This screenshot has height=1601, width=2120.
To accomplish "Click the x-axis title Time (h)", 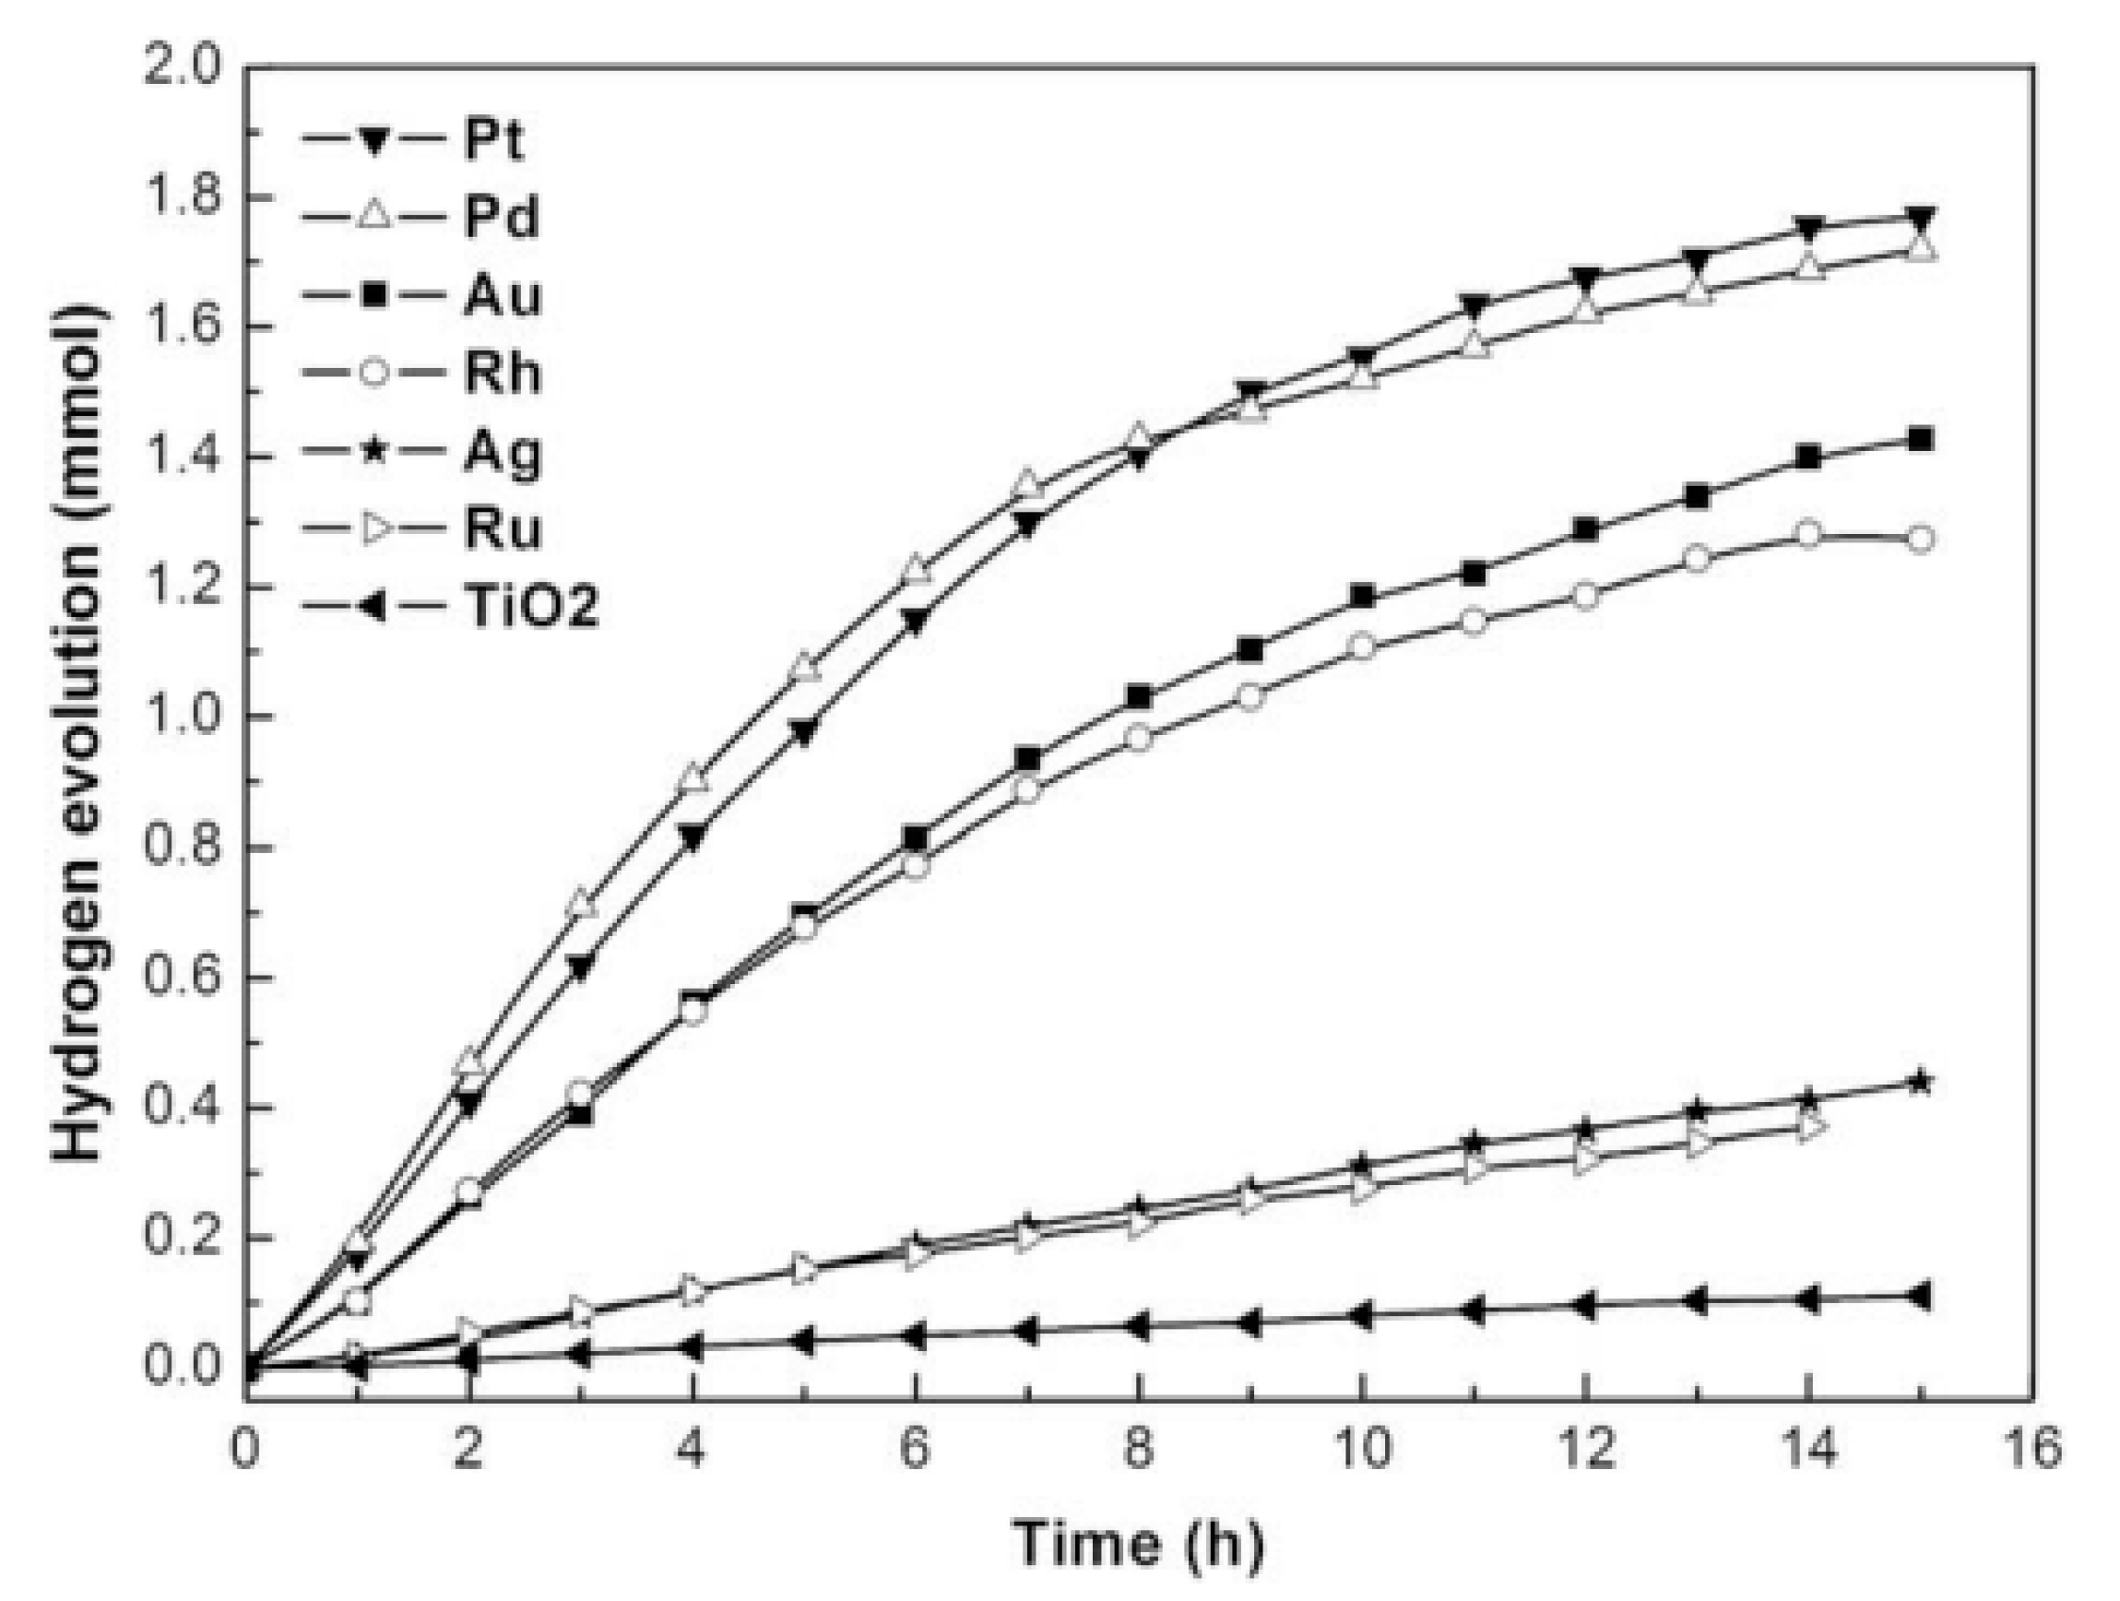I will (x=1139, y=1544).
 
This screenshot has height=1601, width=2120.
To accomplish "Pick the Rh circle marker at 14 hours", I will (x=1807, y=535).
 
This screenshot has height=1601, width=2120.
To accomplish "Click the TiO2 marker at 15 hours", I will (x=1918, y=1297).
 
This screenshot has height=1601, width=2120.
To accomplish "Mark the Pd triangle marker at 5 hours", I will (x=804, y=669).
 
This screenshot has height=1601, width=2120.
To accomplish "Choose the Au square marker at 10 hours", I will (x=1362, y=597).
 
